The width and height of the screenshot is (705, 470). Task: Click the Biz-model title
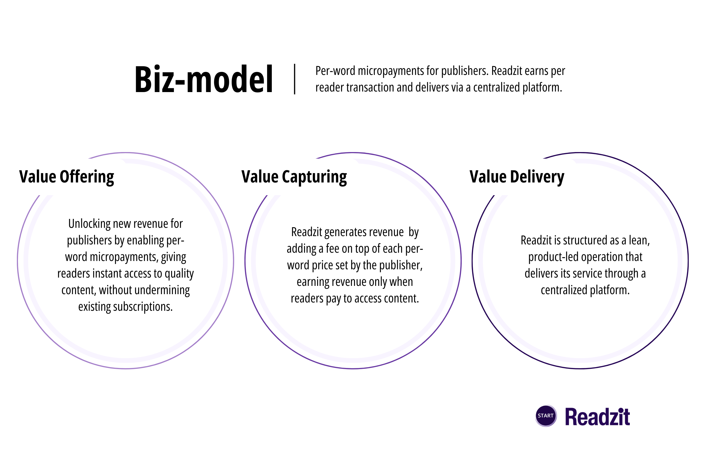tap(203, 79)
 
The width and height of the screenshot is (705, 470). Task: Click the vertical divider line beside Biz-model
tap(295, 79)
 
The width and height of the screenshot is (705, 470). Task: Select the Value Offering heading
tap(67, 177)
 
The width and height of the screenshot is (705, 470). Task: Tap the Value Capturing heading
tap(294, 177)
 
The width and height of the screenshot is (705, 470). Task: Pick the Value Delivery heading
tap(517, 177)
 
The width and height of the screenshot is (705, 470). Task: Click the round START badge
tap(545, 416)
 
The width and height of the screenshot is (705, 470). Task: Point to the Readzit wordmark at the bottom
tap(597, 417)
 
